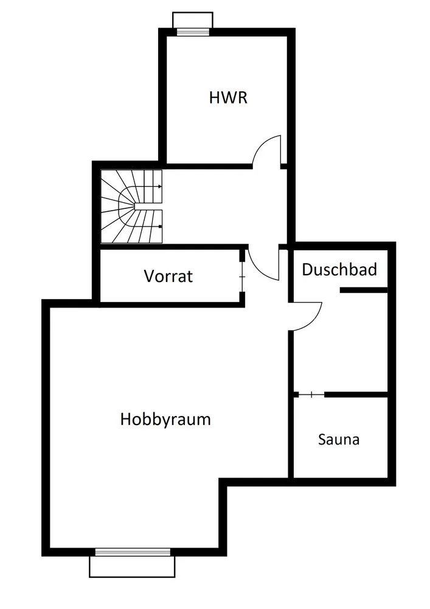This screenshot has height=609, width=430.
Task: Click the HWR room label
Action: pyautogui.click(x=228, y=97)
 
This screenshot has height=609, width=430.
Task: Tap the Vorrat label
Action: pyautogui.click(x=168, y=276)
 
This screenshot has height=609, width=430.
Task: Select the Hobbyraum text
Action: pyautogui.click(x=165, y=419)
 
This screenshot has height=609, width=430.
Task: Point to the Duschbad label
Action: pyautogui.click(x=339, y=269)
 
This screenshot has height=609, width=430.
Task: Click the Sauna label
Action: pyautogui.click(x=338, y=439)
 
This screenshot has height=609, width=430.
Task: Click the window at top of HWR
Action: pyautogui.click(x=192, y=32)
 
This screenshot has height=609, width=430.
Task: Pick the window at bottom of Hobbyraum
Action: pyautogui.click(x=132, y=552)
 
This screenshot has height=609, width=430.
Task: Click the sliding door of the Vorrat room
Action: pyautogui.click(x=242, y=277)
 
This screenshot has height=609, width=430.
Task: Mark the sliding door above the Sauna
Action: pyautogui.click(x=311, y=395)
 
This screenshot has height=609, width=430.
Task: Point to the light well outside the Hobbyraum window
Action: pyautogui.click(x=132, y=566)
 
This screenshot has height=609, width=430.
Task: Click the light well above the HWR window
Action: pyautogui.click(x=192, y=19)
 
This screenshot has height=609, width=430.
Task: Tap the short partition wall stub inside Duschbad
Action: pyautogui.click(x=363, y=290)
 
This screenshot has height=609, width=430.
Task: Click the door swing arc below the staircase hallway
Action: pyautogui.click(x=263, y=265)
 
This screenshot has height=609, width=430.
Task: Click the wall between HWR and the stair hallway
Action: pyautogui.click(x=207, y=165)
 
